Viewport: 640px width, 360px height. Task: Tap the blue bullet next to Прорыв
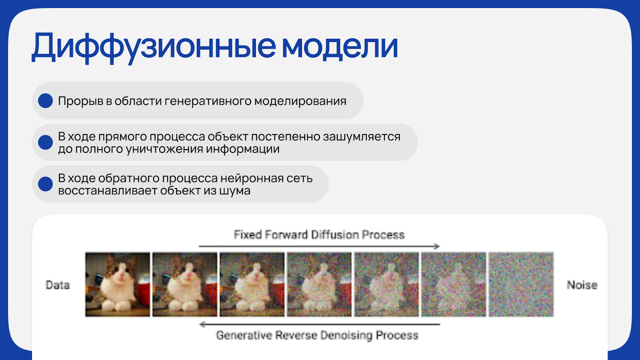click(x=46, y=100)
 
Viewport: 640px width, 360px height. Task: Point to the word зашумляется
click(x=362, y=137)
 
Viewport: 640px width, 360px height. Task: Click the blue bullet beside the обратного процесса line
click(x=46, y=184)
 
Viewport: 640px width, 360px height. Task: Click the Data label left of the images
click(x=58, y=285)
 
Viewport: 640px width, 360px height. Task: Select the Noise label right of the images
click(x=582, y=285)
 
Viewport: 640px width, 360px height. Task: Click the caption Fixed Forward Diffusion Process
click(x=319, y=234)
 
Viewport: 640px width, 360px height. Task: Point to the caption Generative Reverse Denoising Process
click(x=317, y=335)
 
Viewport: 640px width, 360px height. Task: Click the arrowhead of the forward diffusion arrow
click(x=437, y=246)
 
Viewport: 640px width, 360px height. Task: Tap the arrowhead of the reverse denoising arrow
click(x=202, y=324)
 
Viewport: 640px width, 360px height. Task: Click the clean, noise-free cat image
click(x=118, y=284)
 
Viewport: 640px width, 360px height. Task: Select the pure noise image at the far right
click(x=521, y=284)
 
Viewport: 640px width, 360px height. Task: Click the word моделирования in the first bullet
click(x=300, y=101)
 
